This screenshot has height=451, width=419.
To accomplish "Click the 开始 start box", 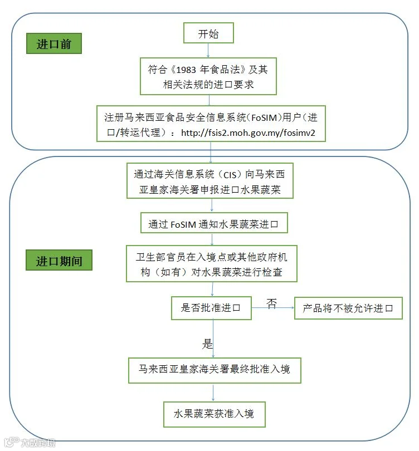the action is coord(208,33).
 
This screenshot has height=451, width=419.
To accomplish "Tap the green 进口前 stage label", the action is coord(54,43).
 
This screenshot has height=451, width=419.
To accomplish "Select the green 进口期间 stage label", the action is coord(59,260).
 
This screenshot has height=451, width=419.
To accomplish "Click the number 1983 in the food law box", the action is coord(186,70).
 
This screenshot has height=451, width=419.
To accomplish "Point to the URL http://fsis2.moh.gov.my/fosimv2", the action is coord(248,133).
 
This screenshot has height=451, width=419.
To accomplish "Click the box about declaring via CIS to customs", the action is coord(210,181).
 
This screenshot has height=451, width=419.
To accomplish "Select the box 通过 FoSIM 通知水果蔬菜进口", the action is coord(214,223).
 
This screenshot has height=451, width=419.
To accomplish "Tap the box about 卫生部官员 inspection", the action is coord(212,264).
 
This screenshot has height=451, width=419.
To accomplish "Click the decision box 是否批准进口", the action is coord(211,308).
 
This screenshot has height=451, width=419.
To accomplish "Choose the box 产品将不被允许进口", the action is coord(348,308).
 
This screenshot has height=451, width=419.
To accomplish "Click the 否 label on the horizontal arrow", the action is coord(271,303).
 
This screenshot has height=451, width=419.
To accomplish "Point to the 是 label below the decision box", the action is coord(207,344).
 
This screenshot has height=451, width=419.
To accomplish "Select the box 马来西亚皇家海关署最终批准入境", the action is coord(215,370).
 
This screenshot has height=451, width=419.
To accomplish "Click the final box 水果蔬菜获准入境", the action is coord(215,414).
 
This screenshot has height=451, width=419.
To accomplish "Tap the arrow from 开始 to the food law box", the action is coord(208,50).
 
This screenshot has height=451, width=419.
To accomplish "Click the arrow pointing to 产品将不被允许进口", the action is coord(273,308).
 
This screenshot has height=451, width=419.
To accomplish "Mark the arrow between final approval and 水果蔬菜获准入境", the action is coord(213,393).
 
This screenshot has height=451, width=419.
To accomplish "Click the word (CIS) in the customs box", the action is coord(230,175).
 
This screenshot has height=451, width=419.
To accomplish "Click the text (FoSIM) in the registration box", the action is coord(265,117).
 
